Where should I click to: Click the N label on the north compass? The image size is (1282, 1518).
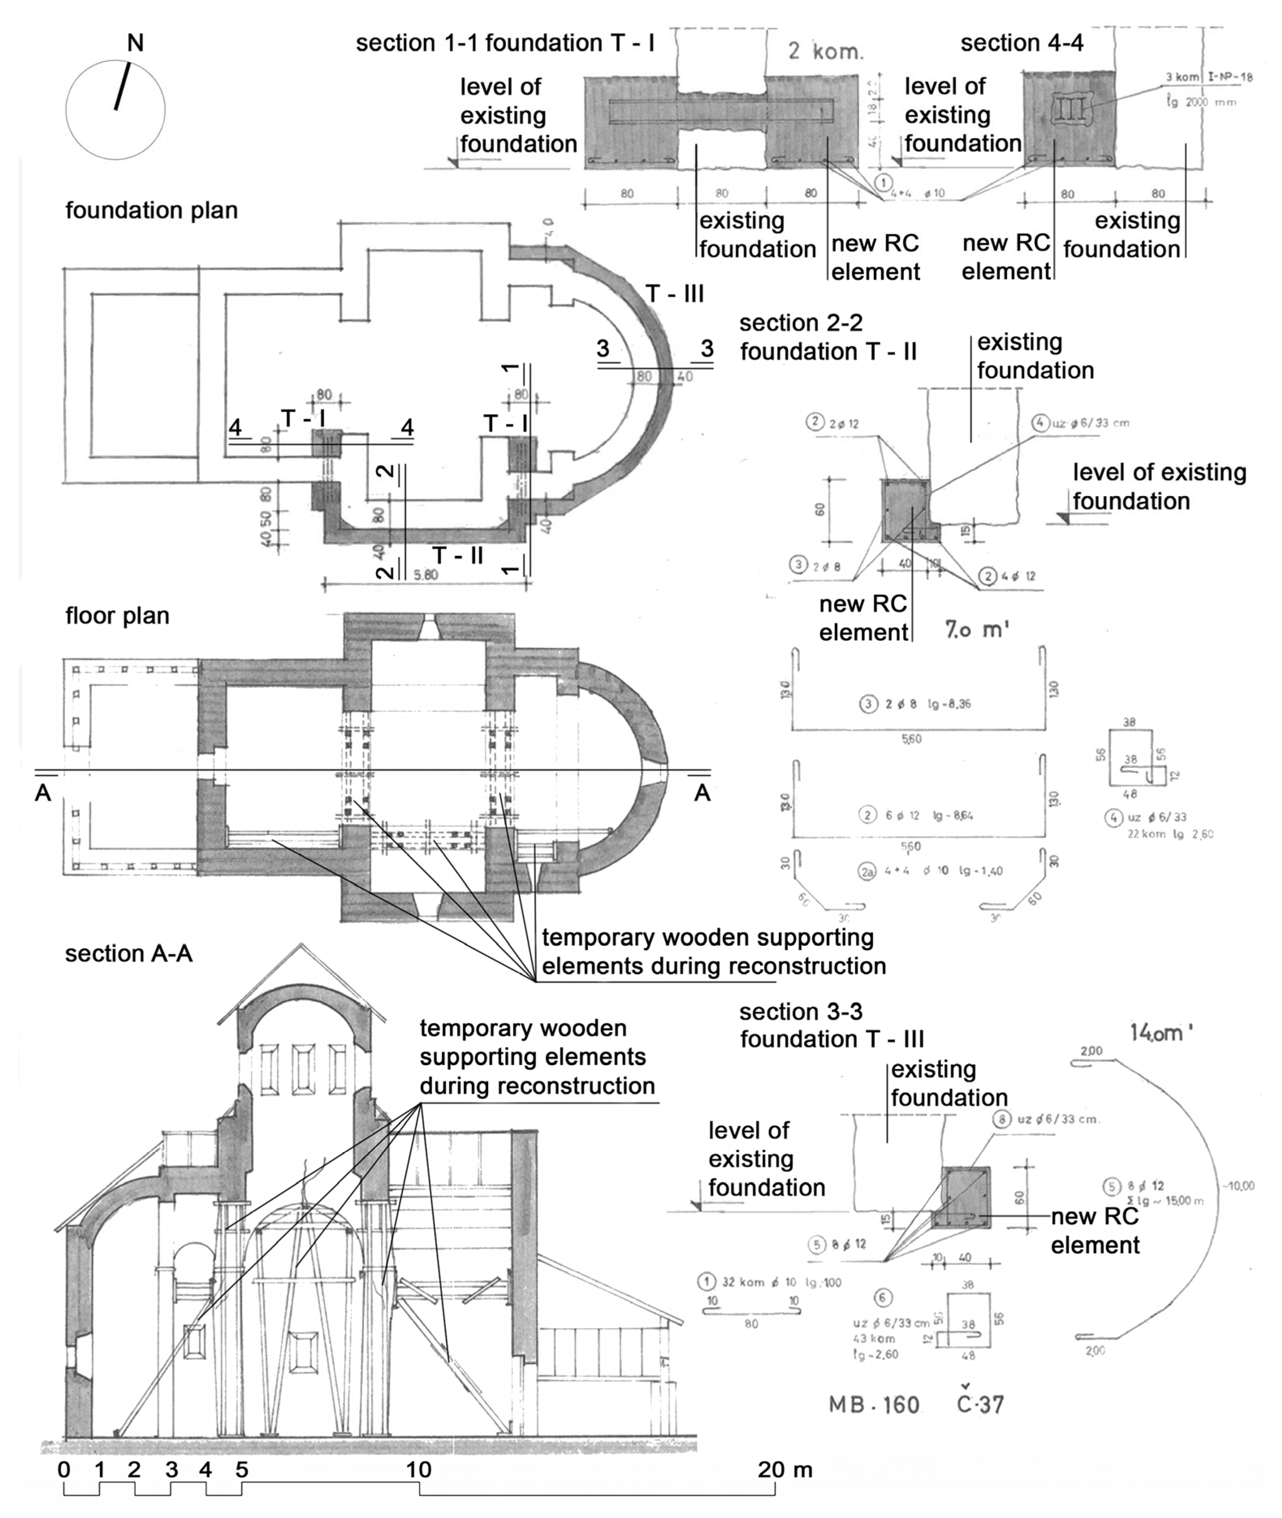[135, 43]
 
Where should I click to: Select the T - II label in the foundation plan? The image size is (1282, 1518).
[458, 555]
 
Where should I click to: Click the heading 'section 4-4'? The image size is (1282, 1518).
[1022, 43]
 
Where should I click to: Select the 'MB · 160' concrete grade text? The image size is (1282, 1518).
[873, 1405]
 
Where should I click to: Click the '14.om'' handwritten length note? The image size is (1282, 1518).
[1161, 1033]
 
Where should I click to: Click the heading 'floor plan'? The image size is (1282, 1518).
[117, 616]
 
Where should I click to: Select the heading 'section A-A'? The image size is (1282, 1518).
[129, 954]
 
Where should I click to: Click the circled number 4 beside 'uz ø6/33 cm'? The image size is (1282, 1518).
[1040, 423]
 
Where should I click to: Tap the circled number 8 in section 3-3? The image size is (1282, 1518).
[1002, 1119]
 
